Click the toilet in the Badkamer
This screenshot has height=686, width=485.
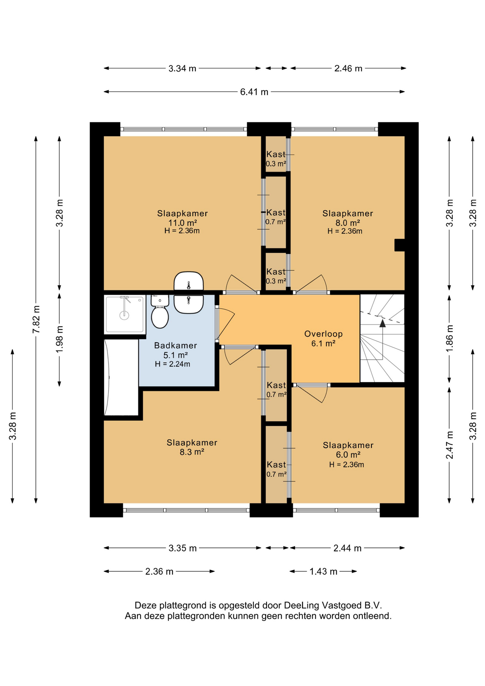[x=160, y=311]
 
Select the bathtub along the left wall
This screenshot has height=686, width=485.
[x=121, y=377]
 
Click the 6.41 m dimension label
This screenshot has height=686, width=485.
[x=254, y=92]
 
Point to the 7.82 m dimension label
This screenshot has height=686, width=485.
[x=36, y=319]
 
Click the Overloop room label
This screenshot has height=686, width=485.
[x=323, y=334]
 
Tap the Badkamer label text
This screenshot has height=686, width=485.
[x=175, y=346]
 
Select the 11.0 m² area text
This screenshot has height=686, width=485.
[x=182, y=223]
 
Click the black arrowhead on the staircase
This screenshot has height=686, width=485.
[x=382, y=323]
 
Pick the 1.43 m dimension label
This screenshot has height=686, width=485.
[x=323, y=571]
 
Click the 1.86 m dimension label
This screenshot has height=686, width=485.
[x=449, y=338]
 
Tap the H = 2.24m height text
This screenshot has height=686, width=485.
[x=172, y=364]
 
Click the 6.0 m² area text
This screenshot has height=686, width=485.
[x=348, y=455]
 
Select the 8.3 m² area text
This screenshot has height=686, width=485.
[x=192, y=452]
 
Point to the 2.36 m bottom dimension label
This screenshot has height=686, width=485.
[x=159, y=571]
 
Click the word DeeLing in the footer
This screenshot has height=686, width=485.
[x=302, y=605]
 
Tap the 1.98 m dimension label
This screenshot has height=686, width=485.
[x=60, y=339]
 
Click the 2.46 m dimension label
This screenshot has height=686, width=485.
[x=348, y=68]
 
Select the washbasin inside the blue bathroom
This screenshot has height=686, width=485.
[x=189, y=304]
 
